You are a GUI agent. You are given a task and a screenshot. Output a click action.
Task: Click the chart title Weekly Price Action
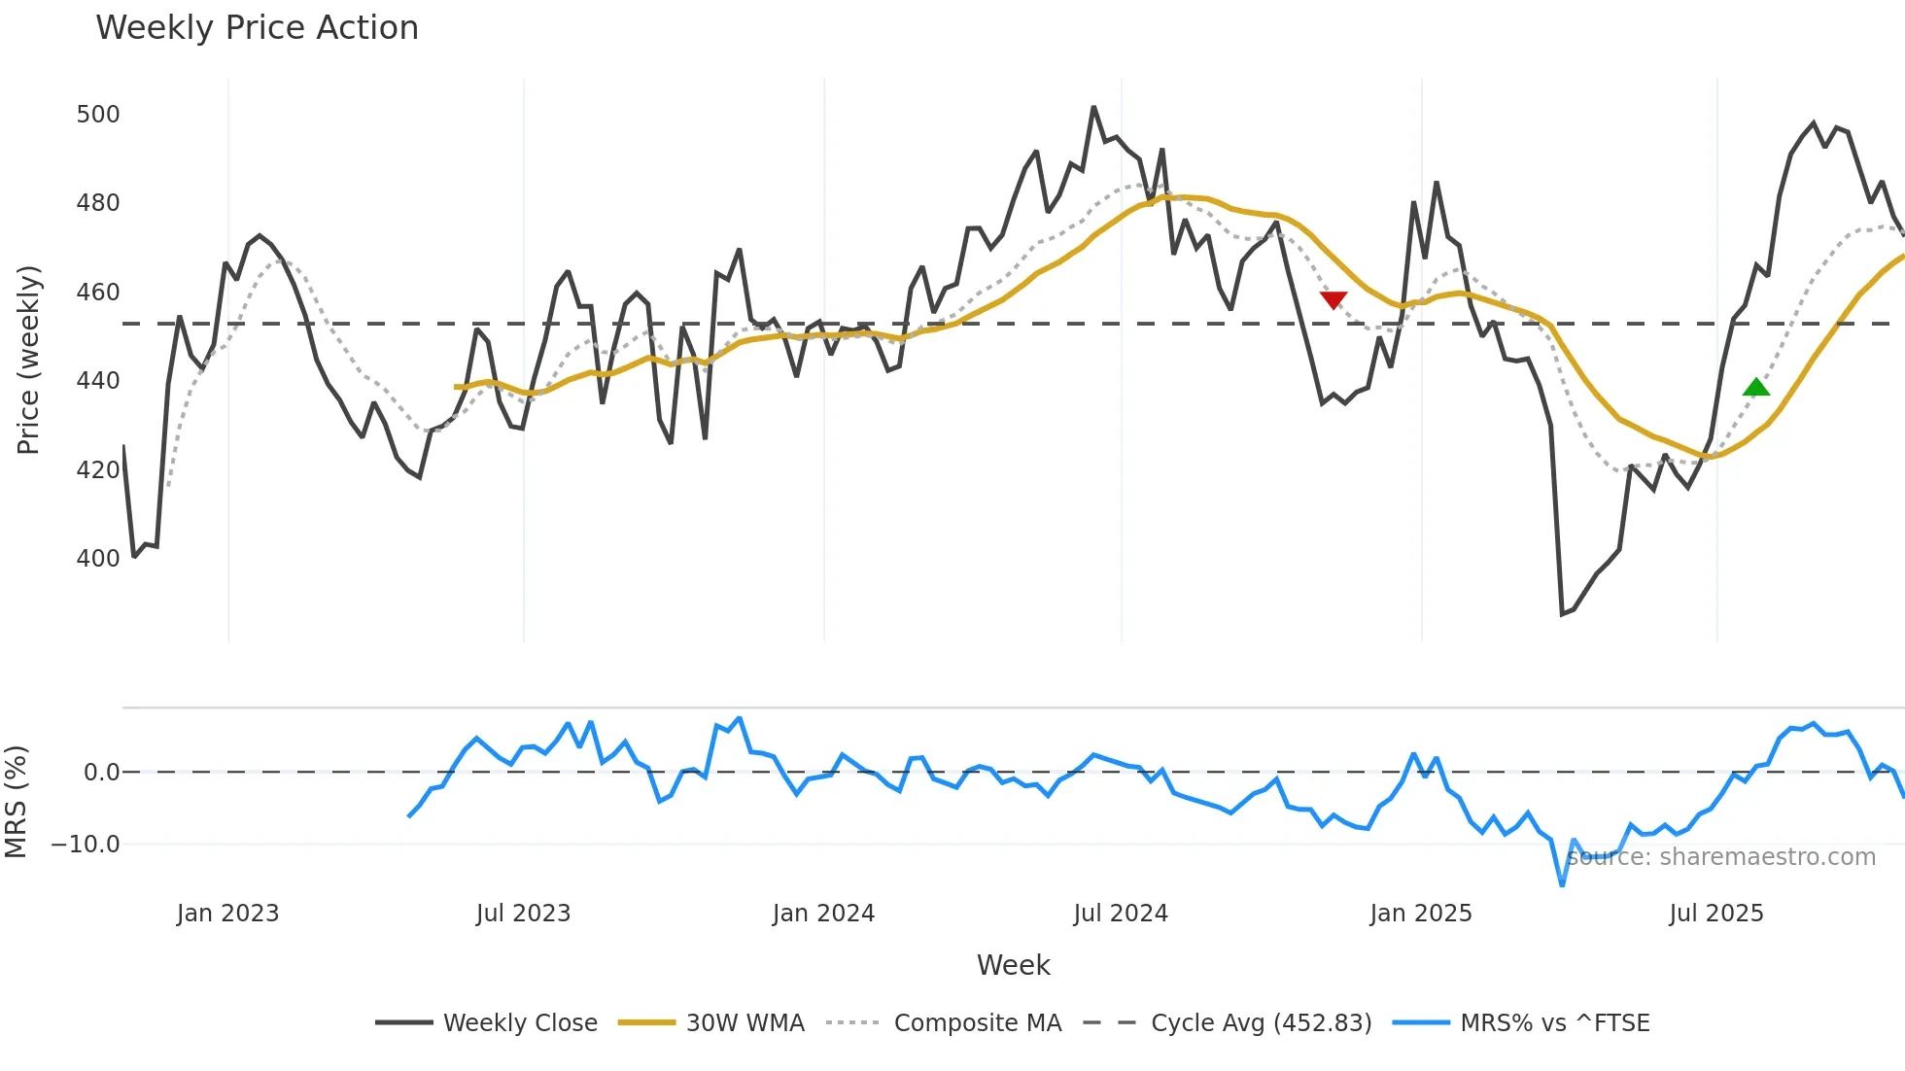(257, 28)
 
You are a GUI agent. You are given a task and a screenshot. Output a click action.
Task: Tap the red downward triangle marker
(1333, 299)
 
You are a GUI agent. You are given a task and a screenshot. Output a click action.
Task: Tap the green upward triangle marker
(1756, 388)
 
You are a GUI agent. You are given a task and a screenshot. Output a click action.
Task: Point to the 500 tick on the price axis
(98, 115)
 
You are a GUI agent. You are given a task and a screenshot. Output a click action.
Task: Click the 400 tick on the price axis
(98, 559)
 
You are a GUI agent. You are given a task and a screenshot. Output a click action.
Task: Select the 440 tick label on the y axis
(98, 381)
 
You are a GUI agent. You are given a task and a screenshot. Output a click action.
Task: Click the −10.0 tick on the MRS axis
(86, 845)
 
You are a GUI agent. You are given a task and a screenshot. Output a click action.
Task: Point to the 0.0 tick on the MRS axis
(101, 773)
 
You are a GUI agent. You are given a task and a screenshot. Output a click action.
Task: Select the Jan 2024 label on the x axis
(823, 914)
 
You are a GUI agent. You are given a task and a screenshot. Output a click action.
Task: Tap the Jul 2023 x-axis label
(523, 914)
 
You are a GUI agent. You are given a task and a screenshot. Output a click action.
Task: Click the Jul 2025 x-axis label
(1715, 914)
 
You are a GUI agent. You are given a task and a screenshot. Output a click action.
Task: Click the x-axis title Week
(1013, 965)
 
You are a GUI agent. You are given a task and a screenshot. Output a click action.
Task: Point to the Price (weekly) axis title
(29, 360)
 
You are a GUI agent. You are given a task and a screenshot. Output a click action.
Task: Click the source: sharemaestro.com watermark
(1720, 857)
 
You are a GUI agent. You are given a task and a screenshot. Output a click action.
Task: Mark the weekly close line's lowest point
(1562, 614)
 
